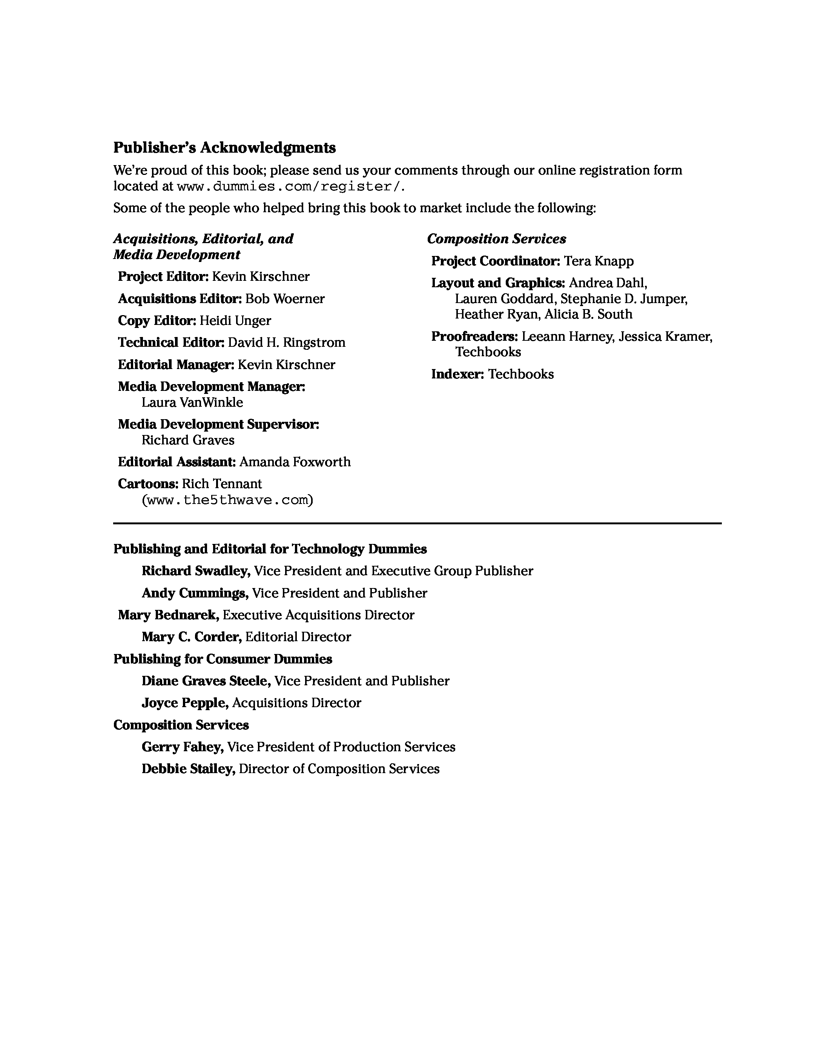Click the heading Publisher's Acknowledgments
pos(224,147)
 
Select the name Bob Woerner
pos(285,299)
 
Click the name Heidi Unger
pos(235,321)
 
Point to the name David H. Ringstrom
pos(286,343)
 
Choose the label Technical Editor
pos(171,343)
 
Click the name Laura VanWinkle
pos(192,402)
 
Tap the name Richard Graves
pos(188,440)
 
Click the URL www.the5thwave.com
pos(227,500)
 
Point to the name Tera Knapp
pos(599,261)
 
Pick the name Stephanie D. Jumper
pos(623,299)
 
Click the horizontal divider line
pos(417,524)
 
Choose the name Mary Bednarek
pos(168,615)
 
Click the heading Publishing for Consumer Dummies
pos(223,659)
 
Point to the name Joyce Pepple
pos(184,703)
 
